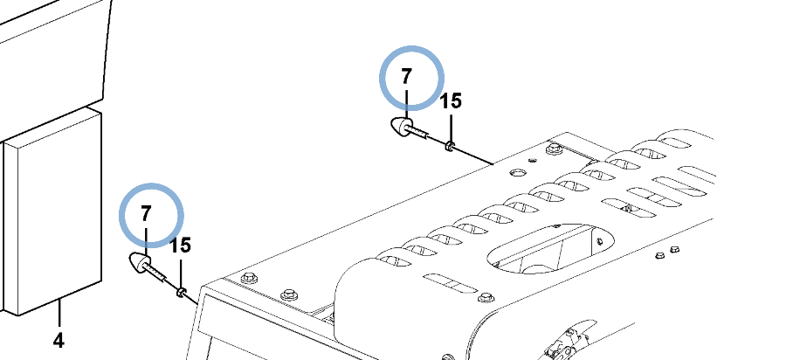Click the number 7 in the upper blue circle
(405, 77)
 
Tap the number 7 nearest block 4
(147, 213)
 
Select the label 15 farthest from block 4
(451, 101)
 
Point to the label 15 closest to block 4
(180, 246)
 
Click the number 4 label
(59, 340)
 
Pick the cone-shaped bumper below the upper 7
(402, 127)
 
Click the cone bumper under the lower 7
(140, 262)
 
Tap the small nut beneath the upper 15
(449, 147)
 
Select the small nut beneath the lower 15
(180, 292)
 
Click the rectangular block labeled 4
(52, 213)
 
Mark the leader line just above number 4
(59, 314)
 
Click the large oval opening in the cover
(551, 249)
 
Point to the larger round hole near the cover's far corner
(516, 173)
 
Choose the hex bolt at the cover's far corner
(553, 149)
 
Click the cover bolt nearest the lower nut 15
(249, 278)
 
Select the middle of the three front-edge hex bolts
(289, 294)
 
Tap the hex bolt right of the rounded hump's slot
(486, 297)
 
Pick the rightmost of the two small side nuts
(674, 250)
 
